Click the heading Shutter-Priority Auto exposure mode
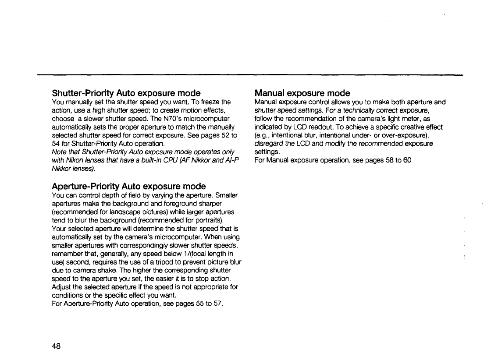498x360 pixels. click(126, 93)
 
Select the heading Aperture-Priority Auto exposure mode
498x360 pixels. click(129, 187)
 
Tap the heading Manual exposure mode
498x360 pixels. click(302, 93)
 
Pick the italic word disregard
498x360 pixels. click(268, 144)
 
